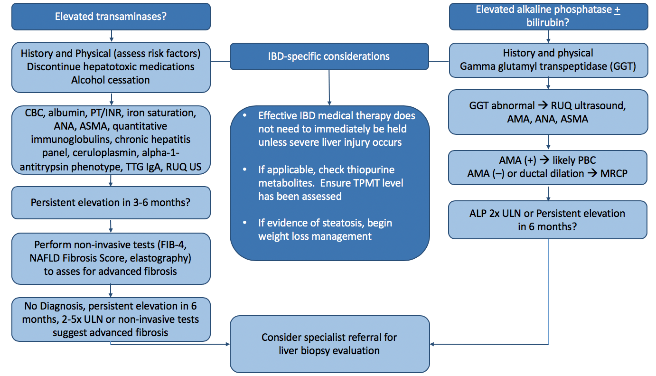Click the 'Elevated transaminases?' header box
pos(111,17)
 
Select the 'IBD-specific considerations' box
pos(329,56)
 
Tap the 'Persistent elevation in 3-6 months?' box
pos(111,203)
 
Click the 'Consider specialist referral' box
pos(329,344)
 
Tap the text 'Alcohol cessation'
pos(111,80)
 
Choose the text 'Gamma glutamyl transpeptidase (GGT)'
pos(548,66)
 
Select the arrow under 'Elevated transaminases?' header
pos(111,36)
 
